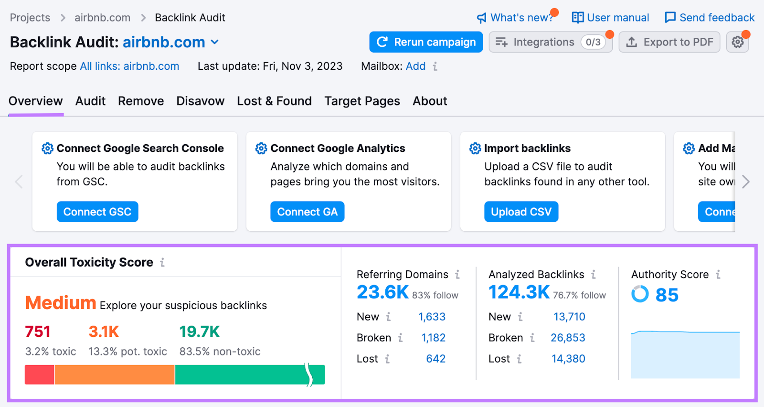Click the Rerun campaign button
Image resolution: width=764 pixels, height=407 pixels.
coord(425,42)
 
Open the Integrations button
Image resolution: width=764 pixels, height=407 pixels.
coord(550,42)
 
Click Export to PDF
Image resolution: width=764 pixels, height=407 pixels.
coord(669,42)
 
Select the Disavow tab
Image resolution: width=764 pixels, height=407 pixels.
coord(200,101)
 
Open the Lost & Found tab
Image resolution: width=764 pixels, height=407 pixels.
coord(274,101)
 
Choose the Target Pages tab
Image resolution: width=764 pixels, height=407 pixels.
coord(362,101)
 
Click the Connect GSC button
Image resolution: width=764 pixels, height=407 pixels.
coord(97,212)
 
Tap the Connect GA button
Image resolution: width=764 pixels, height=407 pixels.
coord(307,212)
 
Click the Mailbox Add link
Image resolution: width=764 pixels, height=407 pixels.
coord(415,66)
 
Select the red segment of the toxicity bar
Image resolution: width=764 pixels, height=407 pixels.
coord(40,375)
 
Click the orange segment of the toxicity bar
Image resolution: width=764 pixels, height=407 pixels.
coord(115,375)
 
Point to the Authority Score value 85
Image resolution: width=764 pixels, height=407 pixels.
coord(667,295)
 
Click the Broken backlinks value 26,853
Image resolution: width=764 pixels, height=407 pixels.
coord(568,338)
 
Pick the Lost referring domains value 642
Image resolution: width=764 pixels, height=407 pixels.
coord(435,359)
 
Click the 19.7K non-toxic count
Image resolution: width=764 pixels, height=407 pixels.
coord(199,332)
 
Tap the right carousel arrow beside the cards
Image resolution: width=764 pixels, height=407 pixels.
coord(746,182)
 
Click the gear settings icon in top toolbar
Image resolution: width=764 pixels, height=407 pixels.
coord(737,42)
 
